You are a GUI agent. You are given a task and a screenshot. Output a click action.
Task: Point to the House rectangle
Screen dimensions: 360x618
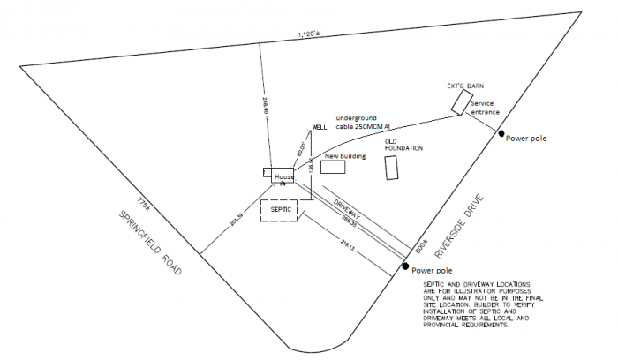tap(283, 177)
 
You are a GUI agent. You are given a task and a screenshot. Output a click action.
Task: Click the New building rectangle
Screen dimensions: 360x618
tap(333, 167)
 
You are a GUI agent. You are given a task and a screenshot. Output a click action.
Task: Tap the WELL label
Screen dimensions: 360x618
tap(320, 127)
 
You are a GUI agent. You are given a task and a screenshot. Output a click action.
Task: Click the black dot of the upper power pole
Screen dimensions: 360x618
tap(501, 134)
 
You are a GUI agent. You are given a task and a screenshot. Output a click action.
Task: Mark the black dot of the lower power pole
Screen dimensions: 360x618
tap(405, 266)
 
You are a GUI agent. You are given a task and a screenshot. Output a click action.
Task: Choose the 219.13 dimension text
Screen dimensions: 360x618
tap(347, 243)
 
